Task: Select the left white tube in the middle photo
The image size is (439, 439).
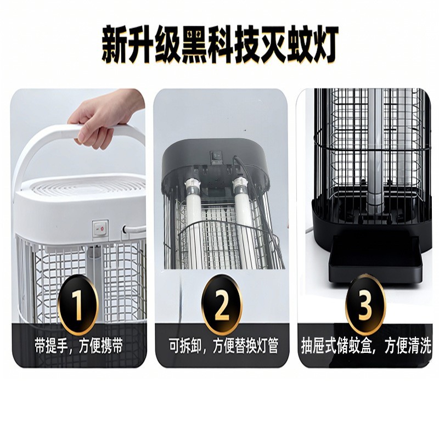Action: tap(194, 219)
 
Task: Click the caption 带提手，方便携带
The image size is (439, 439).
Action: tap(78, 346)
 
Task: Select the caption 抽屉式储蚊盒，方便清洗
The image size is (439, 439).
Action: tap(366, 346)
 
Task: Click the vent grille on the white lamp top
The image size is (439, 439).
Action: tap(82, 187)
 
